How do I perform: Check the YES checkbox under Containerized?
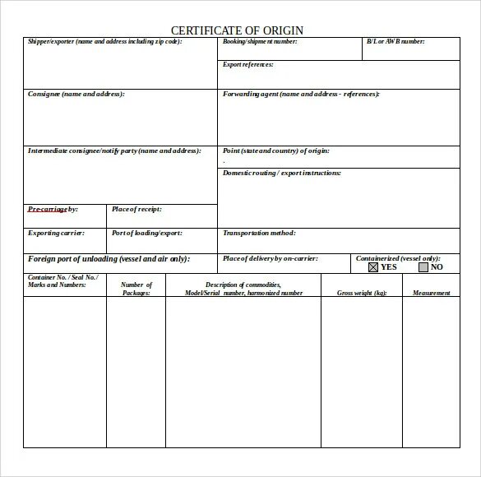point(373,267)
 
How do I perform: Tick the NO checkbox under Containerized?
point(423,267)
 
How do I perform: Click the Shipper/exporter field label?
point(104,42)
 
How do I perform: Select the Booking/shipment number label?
point(259,42)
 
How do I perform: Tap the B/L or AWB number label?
point(395,42)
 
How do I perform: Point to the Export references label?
point(248,64)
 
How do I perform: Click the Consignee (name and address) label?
point(76,95)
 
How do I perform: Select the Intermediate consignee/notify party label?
point(113,151)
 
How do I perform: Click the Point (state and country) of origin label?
point(276,151)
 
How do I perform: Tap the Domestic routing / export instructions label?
point(282,174)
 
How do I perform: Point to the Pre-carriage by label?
point(53,210)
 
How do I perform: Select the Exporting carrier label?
point(55,234)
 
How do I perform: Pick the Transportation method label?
point(259,234)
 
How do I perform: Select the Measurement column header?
point(432,293)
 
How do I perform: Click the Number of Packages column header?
point(136,289)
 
